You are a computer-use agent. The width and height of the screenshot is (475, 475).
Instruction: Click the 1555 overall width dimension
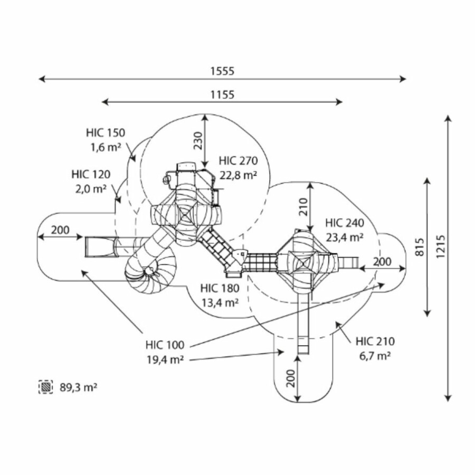pos(222,71)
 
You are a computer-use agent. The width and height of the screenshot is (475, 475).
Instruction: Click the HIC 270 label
pos(239,161)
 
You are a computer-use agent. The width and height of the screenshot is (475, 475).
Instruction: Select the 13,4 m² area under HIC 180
pos(220,302)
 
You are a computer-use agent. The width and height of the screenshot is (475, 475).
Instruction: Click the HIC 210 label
pos(375,341)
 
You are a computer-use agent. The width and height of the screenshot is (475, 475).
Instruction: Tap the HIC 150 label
pos(106,132)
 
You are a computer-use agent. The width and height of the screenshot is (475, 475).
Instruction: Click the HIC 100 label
pos(165,345)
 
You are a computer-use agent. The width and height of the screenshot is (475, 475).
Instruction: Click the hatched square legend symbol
pos(46,387)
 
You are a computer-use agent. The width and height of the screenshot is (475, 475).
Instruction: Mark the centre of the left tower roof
pos(186,215)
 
